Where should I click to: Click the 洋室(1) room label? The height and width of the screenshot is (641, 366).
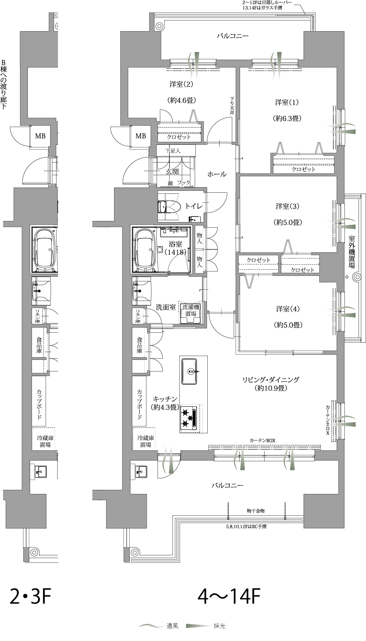(287, 102)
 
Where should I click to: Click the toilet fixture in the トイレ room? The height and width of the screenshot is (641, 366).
(169, 206)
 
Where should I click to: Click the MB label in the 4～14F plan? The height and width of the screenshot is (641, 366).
(140, 136)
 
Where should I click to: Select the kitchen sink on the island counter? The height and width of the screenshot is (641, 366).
(190, 371)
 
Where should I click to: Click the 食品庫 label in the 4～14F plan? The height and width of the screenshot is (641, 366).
(140, 345)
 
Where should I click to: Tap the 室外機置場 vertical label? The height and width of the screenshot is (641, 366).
(352, 252)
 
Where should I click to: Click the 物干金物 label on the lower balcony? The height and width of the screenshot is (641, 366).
(255, 511)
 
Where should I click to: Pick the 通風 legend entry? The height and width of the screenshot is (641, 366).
(159, 626)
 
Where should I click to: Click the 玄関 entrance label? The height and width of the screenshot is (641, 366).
(172, 172)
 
